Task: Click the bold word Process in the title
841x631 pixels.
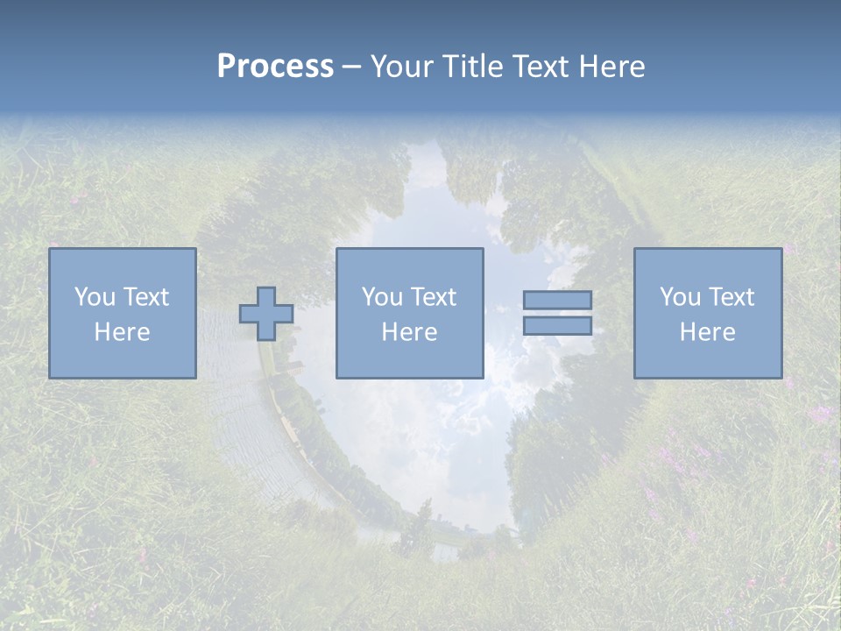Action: pos(275,67)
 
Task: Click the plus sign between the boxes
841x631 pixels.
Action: pos(266,314)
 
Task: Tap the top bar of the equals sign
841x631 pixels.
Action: pos(557,300)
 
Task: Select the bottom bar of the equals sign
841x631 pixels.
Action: pos(557,326)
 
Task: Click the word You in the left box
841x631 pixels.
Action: pos(95,297)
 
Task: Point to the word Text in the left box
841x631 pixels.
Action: pos(145,297)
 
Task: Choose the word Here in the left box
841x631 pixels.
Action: pos(122,332)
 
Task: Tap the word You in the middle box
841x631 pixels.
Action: pos(383,297)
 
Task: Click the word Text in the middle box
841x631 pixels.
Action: pos(433,297)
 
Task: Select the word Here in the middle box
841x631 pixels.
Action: pos(409,332)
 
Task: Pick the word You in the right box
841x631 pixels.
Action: pos(681,297)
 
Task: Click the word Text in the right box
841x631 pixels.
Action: pos(731,297)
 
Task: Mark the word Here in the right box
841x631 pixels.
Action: pos(707,332)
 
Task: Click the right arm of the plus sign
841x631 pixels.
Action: pos(285,314)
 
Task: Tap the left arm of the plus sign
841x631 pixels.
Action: pos(248,314)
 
